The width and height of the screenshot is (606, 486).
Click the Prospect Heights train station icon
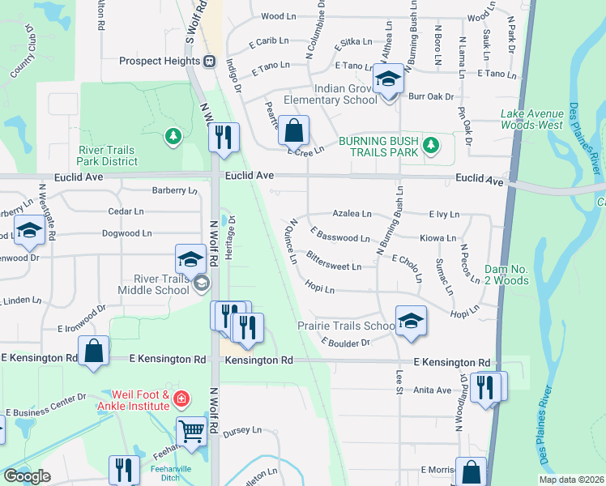point(209,61)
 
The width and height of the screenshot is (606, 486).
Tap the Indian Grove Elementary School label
point(331,94)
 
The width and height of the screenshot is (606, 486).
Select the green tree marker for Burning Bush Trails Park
point(433,146)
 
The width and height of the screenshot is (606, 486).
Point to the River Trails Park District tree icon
point(173,135)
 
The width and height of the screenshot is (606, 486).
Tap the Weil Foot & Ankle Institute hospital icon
point(181,399)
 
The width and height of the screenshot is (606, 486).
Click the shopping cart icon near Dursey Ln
point(193,432)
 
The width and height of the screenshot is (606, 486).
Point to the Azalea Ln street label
point(352,214)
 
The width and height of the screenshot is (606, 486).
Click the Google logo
point(27,476)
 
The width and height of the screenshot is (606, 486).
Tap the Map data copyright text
point(572,480)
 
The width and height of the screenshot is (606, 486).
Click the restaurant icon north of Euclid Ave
point(224,137)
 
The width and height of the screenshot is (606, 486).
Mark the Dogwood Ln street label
point(126,233)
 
